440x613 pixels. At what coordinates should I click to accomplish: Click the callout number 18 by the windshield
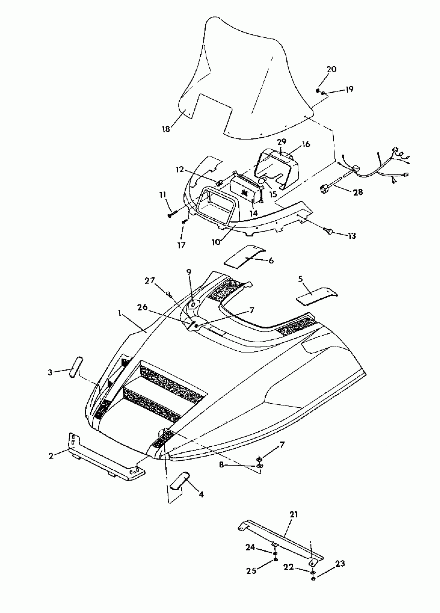166,129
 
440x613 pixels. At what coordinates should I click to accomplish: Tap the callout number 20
331,69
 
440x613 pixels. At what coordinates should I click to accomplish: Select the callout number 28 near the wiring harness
358,192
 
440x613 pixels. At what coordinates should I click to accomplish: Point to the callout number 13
352,236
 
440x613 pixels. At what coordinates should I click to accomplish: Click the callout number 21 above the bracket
294,514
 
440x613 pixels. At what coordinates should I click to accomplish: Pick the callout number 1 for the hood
119,313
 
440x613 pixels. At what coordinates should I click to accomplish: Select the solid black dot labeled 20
318,90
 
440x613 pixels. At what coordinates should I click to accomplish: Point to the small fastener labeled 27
168,293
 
